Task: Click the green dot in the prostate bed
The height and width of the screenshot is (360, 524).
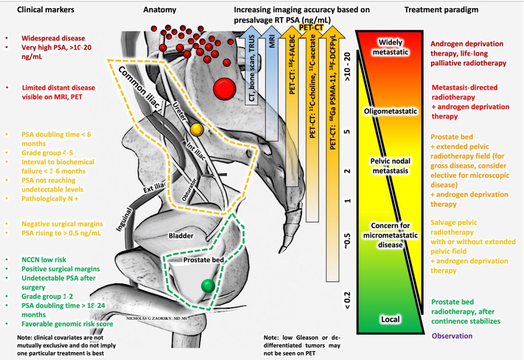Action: click(208, 286)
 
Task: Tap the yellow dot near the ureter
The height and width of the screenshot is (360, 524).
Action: click(197, 130)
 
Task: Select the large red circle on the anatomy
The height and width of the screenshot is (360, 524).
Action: click(224, 89)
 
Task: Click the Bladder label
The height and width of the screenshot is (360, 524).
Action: click(181, 236)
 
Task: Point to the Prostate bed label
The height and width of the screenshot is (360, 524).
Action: click(203, 260)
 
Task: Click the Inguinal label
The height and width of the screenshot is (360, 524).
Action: click(124, 219)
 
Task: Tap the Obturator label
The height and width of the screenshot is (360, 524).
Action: click(189, 189)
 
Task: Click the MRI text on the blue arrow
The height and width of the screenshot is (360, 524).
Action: click(272, 41)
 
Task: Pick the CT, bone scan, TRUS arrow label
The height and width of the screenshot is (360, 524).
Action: click(252, 68)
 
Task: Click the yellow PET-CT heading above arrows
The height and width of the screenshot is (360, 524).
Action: click(311, 27)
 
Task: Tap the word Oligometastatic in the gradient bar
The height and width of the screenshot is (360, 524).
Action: click(390, 111)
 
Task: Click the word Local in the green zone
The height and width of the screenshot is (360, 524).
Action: click(390, 319)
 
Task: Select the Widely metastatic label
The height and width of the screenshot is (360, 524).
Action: click(390, 47)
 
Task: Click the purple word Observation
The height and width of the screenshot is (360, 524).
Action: click(452, 336)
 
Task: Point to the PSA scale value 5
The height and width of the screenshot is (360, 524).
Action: click(348, 131)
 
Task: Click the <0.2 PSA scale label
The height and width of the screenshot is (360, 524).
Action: click(348, 300)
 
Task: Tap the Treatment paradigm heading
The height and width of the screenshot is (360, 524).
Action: click(441, 10)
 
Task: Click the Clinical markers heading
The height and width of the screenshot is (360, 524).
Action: click(45, 10)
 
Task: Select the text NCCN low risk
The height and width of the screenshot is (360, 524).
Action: click(44, 260)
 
